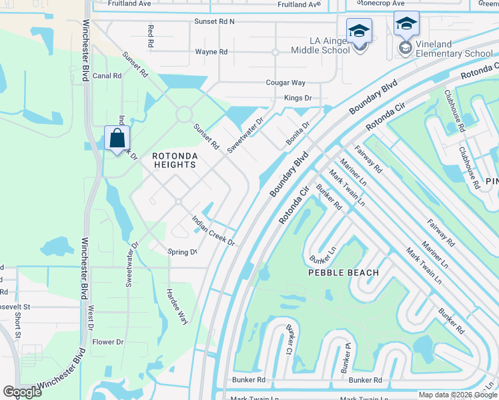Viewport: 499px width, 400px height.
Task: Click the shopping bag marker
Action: coord(117,139)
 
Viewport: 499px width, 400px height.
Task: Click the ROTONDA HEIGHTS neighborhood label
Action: coord(175,160)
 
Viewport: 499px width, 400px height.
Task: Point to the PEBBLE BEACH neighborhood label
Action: coord(343,273)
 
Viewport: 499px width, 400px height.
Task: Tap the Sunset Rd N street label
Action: coord(214,21)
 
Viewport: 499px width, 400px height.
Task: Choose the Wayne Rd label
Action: coord(211,51)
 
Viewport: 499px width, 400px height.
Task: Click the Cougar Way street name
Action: coord(286,83)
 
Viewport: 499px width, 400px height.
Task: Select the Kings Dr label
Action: coord(298,98)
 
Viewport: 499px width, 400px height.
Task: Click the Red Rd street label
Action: coord(151,37)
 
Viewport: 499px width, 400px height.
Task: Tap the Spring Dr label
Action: coord(182,252)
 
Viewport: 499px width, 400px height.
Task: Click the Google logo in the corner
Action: coord(22,391)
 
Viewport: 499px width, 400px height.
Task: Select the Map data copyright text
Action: coord(457,395)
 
